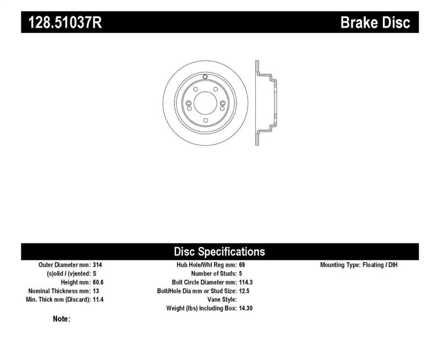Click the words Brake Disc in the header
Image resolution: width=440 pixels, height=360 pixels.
click(x=376, y=23)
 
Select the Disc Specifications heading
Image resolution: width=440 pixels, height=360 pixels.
click(x=219, y=252)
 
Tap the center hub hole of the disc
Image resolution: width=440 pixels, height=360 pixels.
click(x=204, y=103)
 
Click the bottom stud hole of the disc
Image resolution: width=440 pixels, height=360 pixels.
click(x=205, y=120)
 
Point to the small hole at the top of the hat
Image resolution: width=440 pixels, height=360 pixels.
click(x=205, y=77)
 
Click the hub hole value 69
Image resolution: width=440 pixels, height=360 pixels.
click(x=241, y=265)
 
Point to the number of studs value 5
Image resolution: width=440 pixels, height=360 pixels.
click(x=240, y=274)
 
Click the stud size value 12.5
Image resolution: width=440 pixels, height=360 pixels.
click(x=245, y=291)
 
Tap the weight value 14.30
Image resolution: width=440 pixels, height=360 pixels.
click(x=246, y=309)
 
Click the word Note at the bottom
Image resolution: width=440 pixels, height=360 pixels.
click(x=61, y=319)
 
